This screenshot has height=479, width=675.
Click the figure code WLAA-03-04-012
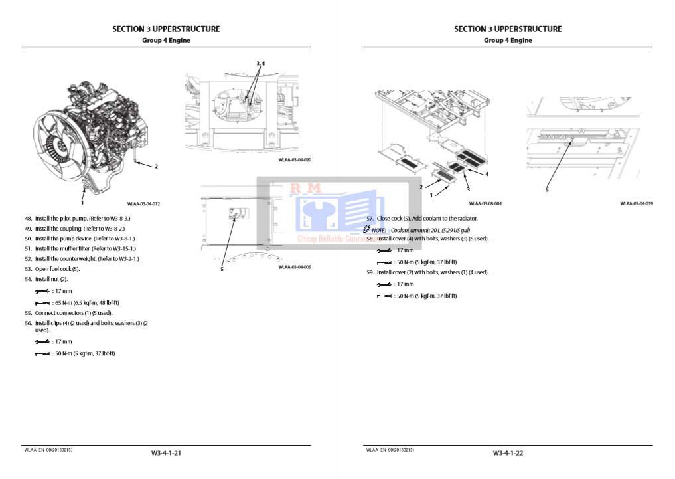point(143,204)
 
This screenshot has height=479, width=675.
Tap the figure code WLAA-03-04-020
point(295,160)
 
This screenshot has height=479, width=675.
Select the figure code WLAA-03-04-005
point(295,267)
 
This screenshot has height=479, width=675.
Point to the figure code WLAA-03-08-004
point(485,204)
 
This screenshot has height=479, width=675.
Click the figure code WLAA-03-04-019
point(637,204)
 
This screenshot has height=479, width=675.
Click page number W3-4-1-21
point(166,453)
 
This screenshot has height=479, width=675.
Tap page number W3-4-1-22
point(508,453)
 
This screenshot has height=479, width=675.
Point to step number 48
point(28,218)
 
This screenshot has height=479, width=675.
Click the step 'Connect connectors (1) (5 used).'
point(73,312)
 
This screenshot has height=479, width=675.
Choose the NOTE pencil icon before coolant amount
point(367,229)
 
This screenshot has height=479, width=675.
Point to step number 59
point(370,272)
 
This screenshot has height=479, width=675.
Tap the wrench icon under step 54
point(42,291)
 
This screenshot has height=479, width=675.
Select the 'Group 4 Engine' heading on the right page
point(508,40)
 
